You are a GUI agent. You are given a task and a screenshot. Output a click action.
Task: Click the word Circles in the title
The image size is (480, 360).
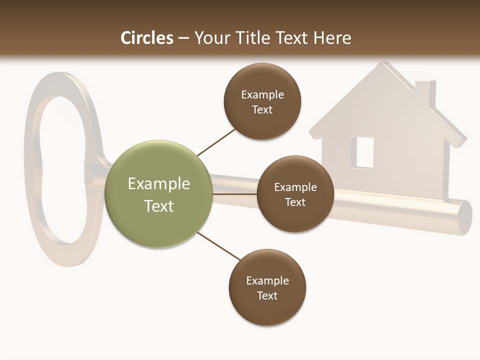point(146,37)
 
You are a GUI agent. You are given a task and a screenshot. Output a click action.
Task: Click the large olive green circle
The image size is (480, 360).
point(159,194)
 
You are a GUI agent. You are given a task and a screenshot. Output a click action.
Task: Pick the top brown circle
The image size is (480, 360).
point(262,101)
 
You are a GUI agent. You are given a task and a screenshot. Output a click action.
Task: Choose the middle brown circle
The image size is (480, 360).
point(295,194)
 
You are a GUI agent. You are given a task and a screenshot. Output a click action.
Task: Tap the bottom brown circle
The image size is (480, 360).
point(267,287)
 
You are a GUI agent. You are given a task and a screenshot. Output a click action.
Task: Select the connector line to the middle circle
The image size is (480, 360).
point(234,194)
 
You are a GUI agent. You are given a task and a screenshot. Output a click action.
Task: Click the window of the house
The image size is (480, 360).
point(364,152)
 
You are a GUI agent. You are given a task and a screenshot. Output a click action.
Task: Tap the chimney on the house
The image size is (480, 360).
point(425,93)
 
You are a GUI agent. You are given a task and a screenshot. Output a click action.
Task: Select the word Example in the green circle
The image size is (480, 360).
point(159,184)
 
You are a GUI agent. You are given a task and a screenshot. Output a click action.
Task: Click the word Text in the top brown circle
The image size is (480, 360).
point(262,109)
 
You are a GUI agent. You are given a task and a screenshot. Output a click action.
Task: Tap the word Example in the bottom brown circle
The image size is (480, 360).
point(267,280)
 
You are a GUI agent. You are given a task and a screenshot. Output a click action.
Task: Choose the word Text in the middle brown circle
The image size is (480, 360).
point(295,202)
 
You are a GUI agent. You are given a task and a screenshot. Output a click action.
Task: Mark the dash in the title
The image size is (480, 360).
point(183,38)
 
